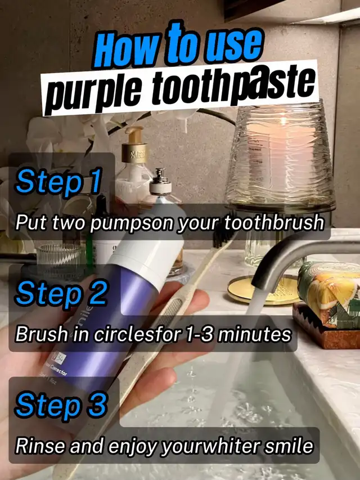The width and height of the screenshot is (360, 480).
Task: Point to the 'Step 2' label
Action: (61, 293)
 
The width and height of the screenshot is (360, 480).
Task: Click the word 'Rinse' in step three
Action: (40, 446)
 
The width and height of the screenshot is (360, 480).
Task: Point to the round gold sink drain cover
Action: (263, 290)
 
